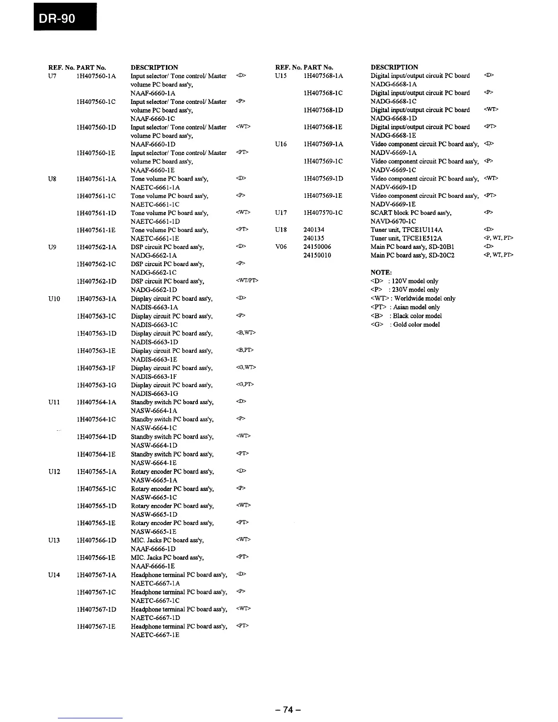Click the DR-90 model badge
pos(65,16)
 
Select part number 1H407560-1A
pos(97,76)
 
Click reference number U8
pos(52,179)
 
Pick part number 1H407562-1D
pos(97,281)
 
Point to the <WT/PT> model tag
pos(247,280)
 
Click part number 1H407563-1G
pos(97,385)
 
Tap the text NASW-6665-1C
pos(154,497)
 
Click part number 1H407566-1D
pos(97,540)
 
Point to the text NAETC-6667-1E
pos(155,634)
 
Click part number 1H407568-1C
pos(323,93)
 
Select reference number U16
pos(281,144)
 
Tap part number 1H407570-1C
pos(323,213)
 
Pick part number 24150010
pos(317,255)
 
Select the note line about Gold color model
pos(405,325)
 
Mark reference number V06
pos(281,247)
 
